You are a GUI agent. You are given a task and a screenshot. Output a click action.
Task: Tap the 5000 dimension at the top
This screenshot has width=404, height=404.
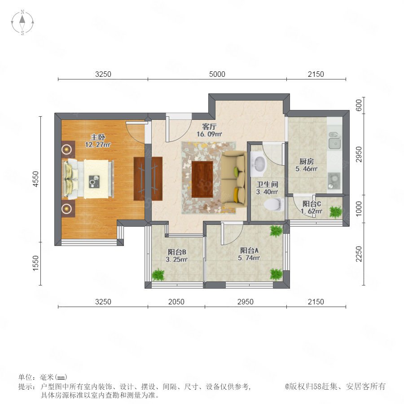click(217, 74)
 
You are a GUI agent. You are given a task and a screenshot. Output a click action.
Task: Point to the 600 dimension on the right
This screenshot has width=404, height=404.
click(358, 105)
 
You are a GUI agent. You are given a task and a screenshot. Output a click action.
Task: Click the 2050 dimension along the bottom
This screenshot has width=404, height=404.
click(176, 302)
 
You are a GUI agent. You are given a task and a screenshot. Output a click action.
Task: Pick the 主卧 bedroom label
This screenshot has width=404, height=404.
click(98, 137)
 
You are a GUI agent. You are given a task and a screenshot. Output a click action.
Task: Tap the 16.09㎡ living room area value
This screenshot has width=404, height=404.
click(209, 134)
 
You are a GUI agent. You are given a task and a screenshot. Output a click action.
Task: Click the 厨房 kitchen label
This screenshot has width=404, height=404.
click(306, 162)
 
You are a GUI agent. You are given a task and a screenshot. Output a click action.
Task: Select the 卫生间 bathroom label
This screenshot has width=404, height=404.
click(267, 184)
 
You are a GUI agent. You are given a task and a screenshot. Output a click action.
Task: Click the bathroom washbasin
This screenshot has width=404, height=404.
click(258, 164)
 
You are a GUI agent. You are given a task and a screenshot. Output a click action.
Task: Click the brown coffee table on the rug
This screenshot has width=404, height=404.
click(202, 179)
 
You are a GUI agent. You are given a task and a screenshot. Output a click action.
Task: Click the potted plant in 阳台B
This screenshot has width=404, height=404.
click(158, 275)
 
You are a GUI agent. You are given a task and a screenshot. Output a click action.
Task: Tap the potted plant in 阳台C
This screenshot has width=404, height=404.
click(335, 212)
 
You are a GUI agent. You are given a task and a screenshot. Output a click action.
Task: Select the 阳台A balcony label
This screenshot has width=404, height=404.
click(249, 250)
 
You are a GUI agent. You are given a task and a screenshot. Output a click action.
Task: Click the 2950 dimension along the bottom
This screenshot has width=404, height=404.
click(245, 302)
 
